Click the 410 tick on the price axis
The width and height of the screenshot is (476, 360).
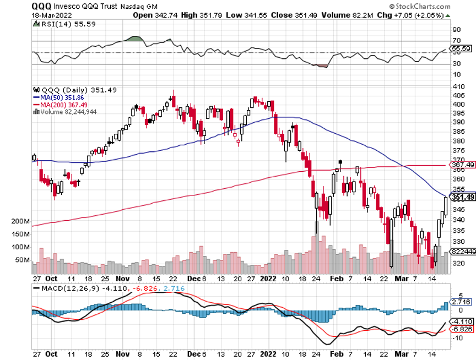[x=458, y=87]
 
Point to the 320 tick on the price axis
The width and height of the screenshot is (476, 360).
[x=458, y=264]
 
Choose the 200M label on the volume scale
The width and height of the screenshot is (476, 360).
[x=20, y=221]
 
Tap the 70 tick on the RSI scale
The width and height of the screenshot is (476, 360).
[x=456, y=41]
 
